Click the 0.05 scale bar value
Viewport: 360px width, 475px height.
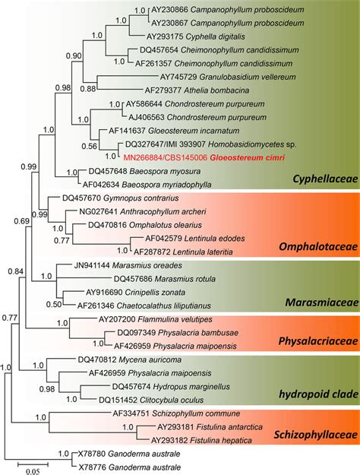[30, 470]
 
